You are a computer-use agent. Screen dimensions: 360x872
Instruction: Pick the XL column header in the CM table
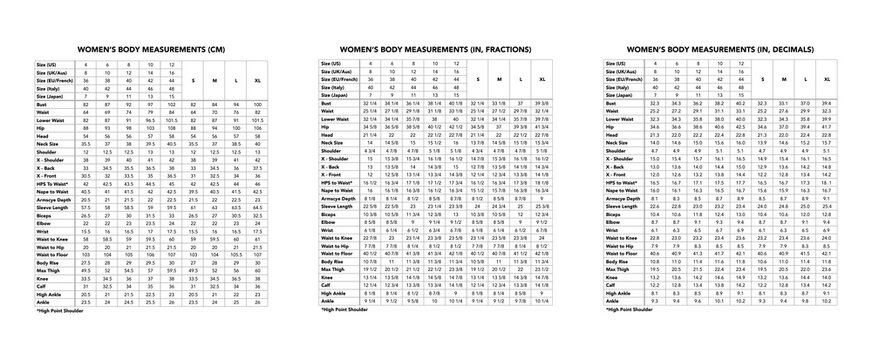(259, 78)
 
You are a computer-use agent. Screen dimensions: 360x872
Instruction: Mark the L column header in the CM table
(236, 78)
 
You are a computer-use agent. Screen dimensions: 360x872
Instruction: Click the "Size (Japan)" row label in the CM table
(39, 93)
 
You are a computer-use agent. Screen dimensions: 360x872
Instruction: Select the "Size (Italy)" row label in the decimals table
(620, 86)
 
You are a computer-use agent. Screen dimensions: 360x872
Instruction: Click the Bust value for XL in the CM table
(259, 103)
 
